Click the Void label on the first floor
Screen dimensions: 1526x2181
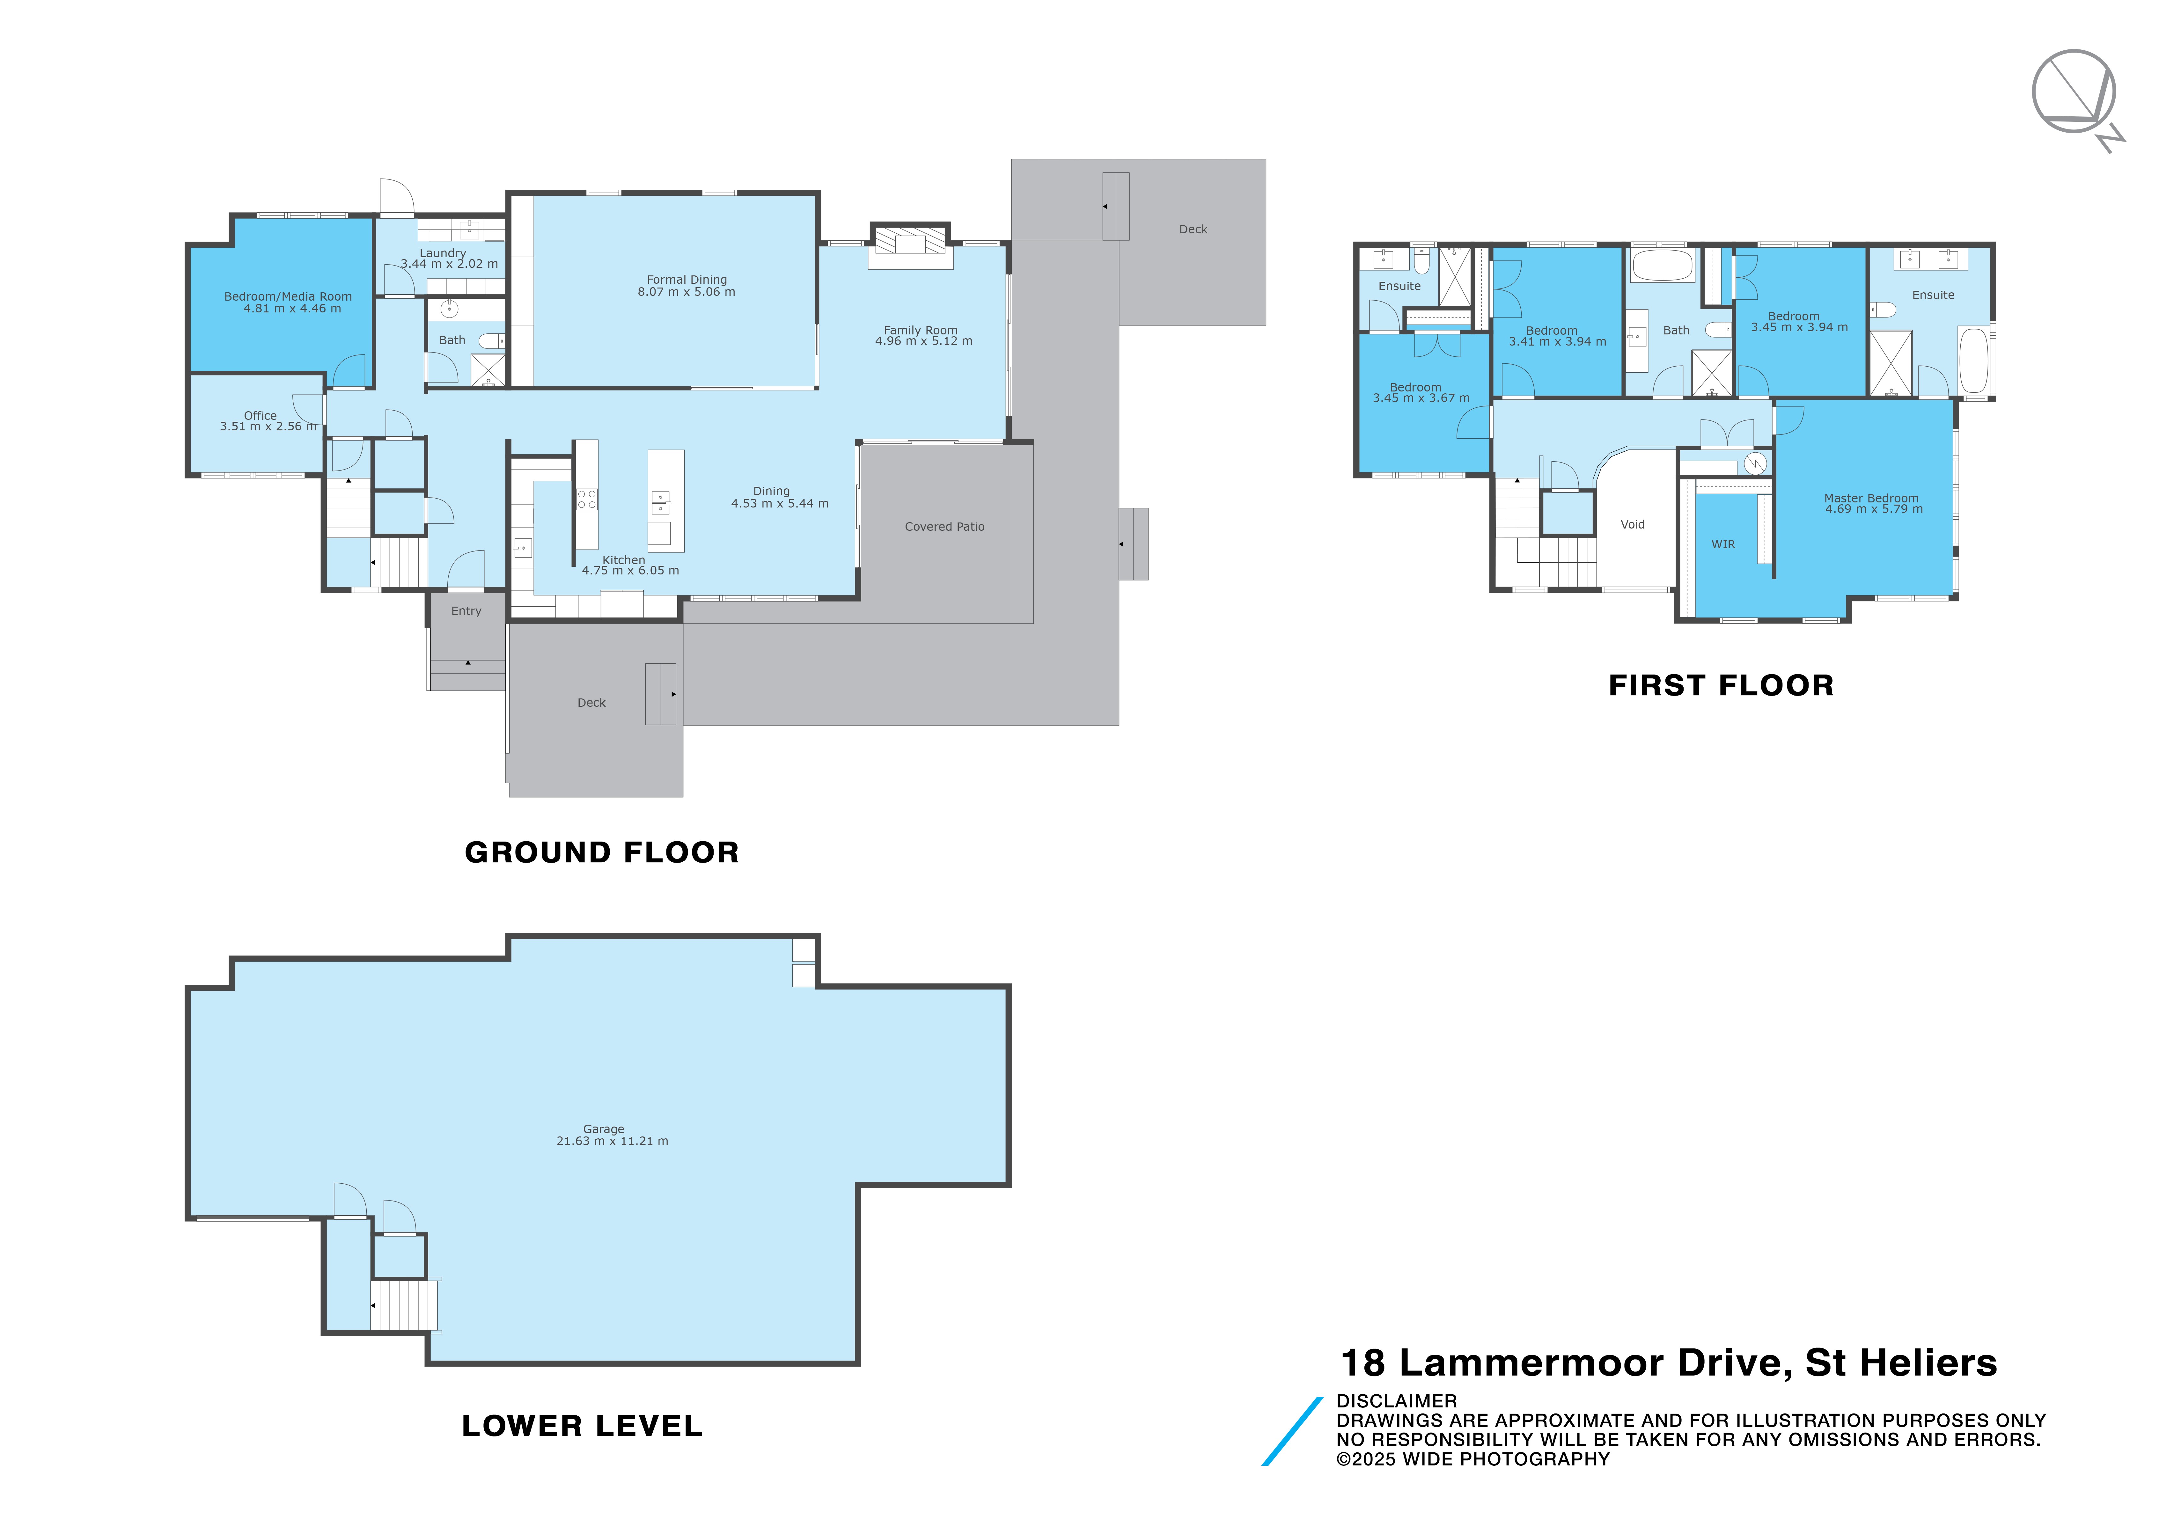tap(1632, 524)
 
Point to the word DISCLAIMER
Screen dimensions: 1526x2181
tap(1395, 1401)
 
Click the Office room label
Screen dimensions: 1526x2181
tap(260, 415)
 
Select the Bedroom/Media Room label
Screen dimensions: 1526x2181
tap(288, 296)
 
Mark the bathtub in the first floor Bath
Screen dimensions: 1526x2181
tap(1662, 266)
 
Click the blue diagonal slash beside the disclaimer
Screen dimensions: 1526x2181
tap(1292, 1431)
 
